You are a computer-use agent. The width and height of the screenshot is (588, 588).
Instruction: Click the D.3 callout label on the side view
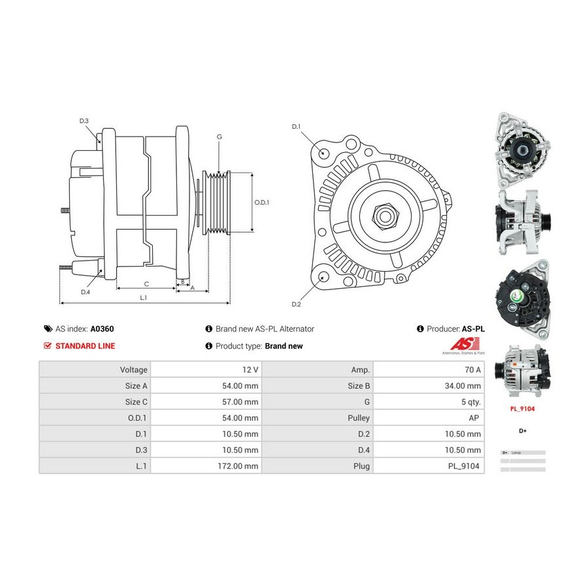point(84,121)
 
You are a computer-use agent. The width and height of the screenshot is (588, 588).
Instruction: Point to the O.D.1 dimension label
point(261,203)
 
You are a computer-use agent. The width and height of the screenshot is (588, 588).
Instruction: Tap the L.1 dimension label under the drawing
point(143,297)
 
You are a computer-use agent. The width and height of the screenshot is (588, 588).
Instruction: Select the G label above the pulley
point(220,137)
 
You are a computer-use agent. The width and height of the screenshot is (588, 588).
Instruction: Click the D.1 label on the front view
point(295,126)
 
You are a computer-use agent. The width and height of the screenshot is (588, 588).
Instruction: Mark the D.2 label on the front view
point(295,304)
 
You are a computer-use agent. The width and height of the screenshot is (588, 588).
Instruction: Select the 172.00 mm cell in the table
point(240,466)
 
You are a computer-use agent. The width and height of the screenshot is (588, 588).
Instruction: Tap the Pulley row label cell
point(360,417)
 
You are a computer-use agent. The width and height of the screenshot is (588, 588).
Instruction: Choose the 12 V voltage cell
point(250,369)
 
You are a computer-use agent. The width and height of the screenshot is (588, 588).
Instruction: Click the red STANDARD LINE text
point(85,346)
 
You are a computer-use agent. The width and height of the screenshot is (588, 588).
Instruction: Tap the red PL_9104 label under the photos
point(523,409)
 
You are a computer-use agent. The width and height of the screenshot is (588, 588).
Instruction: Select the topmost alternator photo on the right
point(523,150)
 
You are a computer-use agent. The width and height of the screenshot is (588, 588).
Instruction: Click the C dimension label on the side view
point(146,284)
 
